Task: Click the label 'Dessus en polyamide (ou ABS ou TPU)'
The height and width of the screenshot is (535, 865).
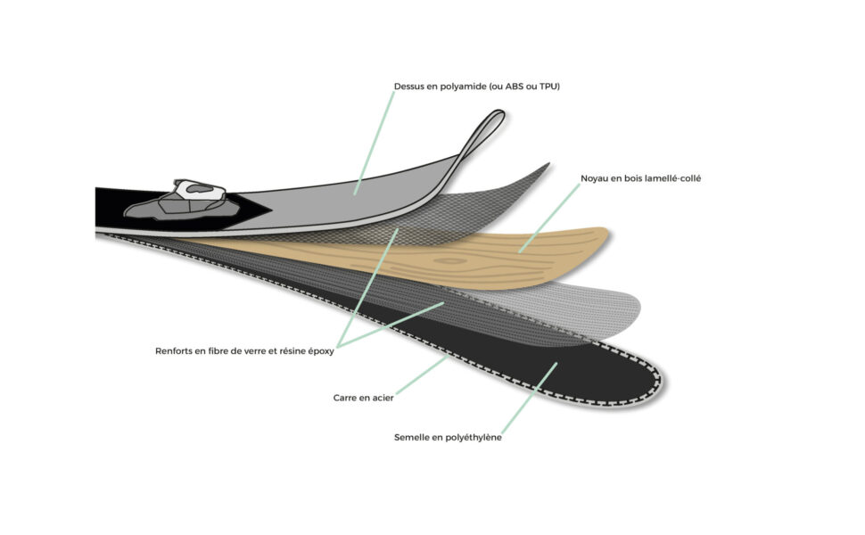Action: tap(476, 86)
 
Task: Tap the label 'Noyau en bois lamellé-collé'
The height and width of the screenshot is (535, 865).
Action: tap(640, 178)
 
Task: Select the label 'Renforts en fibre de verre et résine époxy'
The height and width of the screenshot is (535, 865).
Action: tap(244, 351)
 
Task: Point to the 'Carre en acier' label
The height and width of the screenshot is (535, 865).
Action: tap(364, 398)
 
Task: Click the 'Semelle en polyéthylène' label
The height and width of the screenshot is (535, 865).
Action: tap(448, 438)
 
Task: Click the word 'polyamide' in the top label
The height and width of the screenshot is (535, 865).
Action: tap(464, 87)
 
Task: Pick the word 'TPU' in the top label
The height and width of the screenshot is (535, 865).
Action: tap(549, 86)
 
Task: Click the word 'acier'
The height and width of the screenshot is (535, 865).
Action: tap(383, 398)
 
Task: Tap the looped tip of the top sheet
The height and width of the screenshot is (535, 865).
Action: tap(497, 119)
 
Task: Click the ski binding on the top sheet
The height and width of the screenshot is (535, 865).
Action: tap(182, 201)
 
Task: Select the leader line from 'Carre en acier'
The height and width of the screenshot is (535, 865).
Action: tap(422, 375)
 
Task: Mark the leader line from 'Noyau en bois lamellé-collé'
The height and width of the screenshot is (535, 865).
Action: tap(549, 218)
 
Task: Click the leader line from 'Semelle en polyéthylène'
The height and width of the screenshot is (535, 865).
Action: tap(529, 399)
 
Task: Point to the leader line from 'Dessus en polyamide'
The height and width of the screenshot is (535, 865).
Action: tap(374, 143)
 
